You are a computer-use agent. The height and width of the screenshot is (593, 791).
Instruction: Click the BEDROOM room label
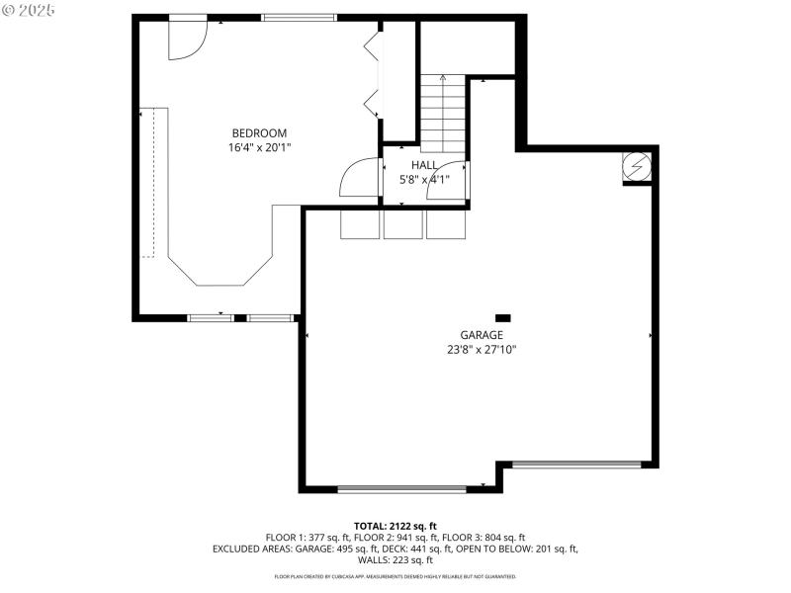click(259, 133)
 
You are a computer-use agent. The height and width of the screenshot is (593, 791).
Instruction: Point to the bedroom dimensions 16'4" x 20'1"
click(259, 147)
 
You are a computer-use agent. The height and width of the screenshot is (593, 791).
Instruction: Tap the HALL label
click(424, 165)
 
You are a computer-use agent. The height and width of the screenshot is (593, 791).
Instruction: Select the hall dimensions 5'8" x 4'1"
click(424, 180)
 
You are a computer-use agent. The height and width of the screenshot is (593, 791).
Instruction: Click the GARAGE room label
click(481, 335)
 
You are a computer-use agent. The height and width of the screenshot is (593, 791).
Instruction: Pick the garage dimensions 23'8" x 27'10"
click(481, 349)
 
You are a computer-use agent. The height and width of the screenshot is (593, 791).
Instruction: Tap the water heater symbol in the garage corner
click(636, 168)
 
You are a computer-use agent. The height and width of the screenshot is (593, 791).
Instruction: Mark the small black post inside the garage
click(502, 317)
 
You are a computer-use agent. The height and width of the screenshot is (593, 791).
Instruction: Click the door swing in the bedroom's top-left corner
click(186, 40)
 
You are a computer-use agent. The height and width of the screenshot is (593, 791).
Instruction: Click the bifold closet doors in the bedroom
click(373, 74)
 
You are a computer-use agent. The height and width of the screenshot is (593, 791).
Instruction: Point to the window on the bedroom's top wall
click(299, 17)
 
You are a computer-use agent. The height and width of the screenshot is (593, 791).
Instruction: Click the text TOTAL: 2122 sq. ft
click(395, 526)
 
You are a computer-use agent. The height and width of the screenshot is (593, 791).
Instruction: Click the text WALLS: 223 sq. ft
click(395, 560)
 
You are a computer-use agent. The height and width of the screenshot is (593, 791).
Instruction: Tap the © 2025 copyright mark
click(30, 10)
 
